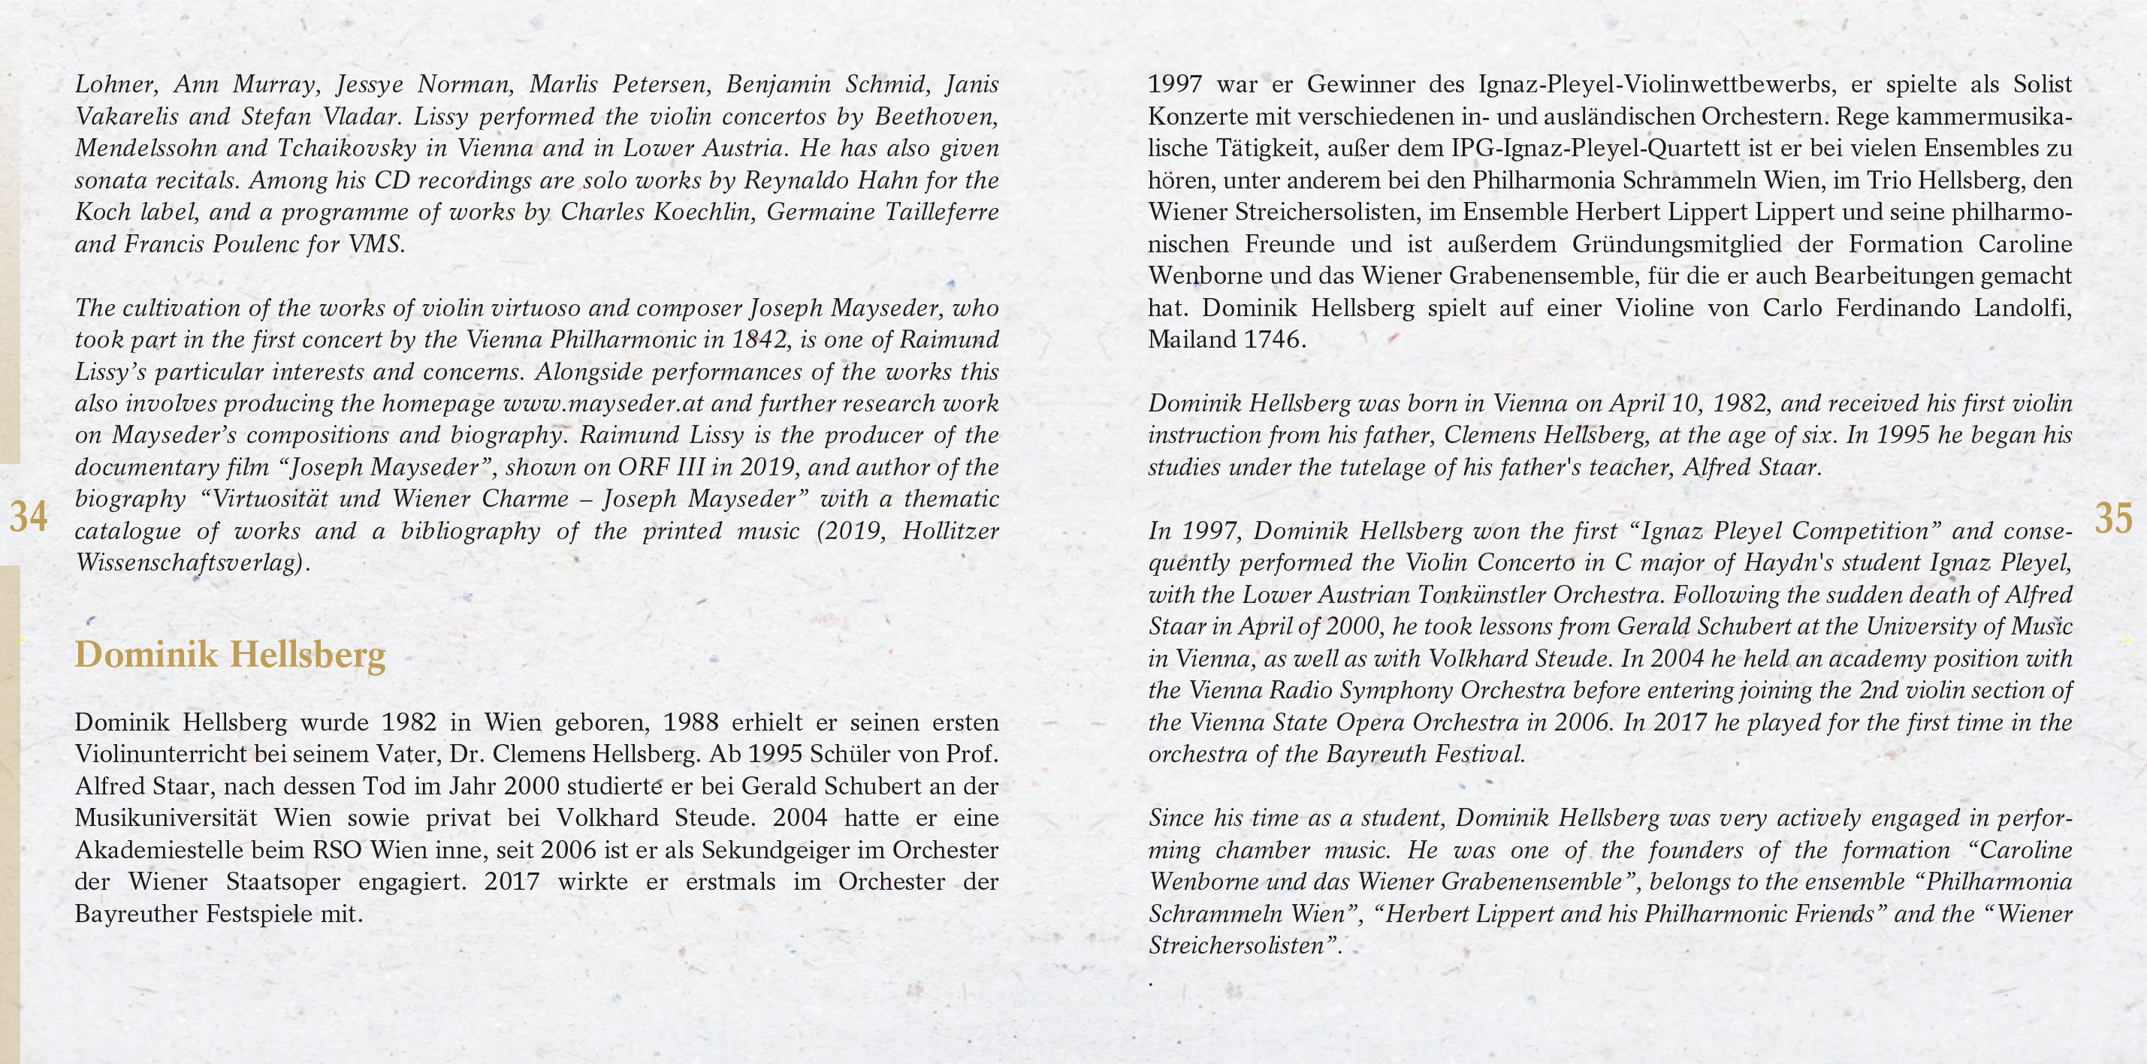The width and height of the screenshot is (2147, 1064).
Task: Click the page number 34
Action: tap(28, 518)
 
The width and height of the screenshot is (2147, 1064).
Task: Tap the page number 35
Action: tap(2113, 518)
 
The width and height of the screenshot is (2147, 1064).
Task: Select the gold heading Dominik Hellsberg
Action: tap(230, 655)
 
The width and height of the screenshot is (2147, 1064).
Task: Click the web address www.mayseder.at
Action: tap(603, 403)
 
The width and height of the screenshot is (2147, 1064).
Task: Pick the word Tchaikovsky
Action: tap(347, 149)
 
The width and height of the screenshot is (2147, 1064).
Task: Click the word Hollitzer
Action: tap(950, 531)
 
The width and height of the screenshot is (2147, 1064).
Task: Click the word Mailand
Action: tap(1182, 341)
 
